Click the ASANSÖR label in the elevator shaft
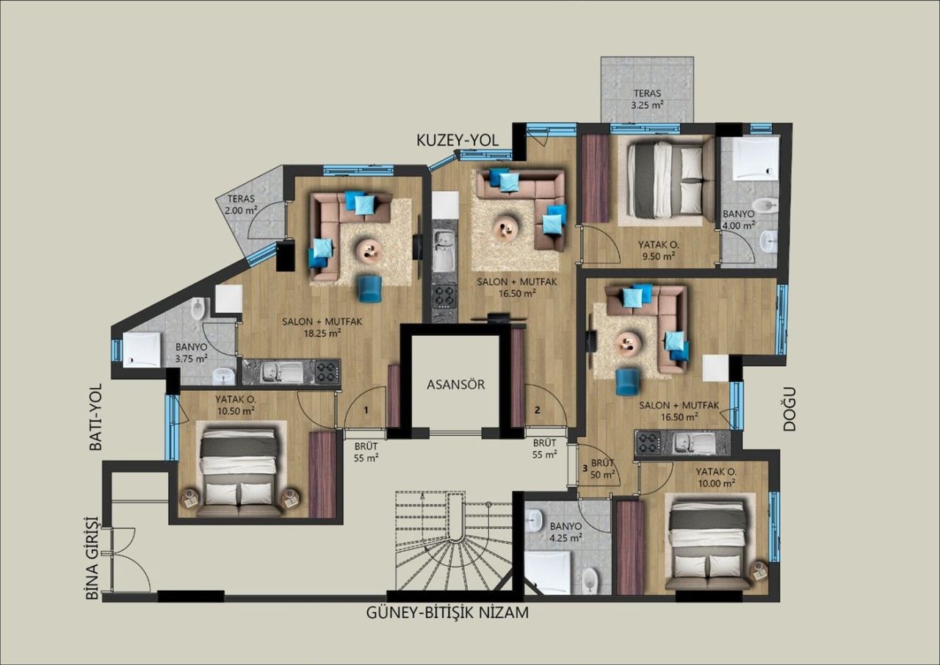(456, 384)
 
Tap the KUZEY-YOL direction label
(458, 140)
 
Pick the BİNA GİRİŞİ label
(92, 557)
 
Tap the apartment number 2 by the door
(538, 410)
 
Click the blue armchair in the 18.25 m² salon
(369, 287)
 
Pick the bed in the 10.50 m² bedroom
(239, 470)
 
